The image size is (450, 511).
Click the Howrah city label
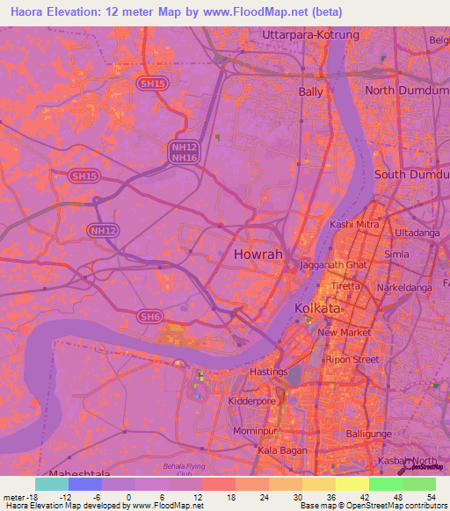pyautogui.click(x=259, y=255)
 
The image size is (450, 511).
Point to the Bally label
pyautogui.click(x=311, y=91)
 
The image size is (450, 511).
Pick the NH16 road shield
pyautogui.click(x=184, y=157)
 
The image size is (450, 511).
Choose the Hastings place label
pyautogui.click(x=268, y=372)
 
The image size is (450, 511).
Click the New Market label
pyautogui.click(x=340, y=333)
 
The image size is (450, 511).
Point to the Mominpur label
pyautogui.click(x=257, y=431)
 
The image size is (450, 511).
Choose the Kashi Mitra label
pyautogui.click(x=353, y=224)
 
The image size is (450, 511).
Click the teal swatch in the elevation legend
pyautogui.click(x=51, y=484)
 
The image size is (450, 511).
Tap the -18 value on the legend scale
pyautogui.click(x=29, y=497)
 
